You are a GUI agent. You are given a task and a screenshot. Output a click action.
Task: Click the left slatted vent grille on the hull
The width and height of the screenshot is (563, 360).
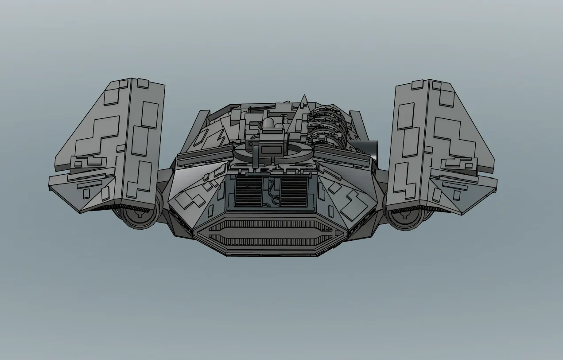click(x=249, y=191)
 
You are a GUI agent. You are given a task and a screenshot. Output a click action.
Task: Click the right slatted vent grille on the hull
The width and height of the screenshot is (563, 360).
click(x=294, y=191)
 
